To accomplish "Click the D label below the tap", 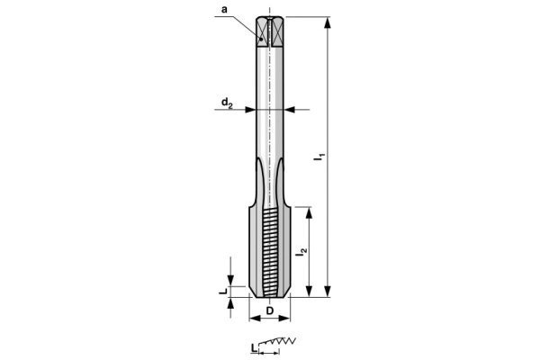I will point(270,311).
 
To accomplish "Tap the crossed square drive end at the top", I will point(270,31).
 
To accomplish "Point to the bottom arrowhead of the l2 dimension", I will point(310,292).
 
